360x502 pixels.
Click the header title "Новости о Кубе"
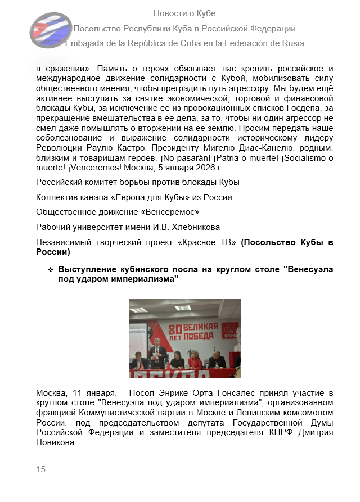[184, 13]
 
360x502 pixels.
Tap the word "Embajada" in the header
[85, 43]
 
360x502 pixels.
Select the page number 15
[40, 469]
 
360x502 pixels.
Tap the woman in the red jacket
[195, 360]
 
